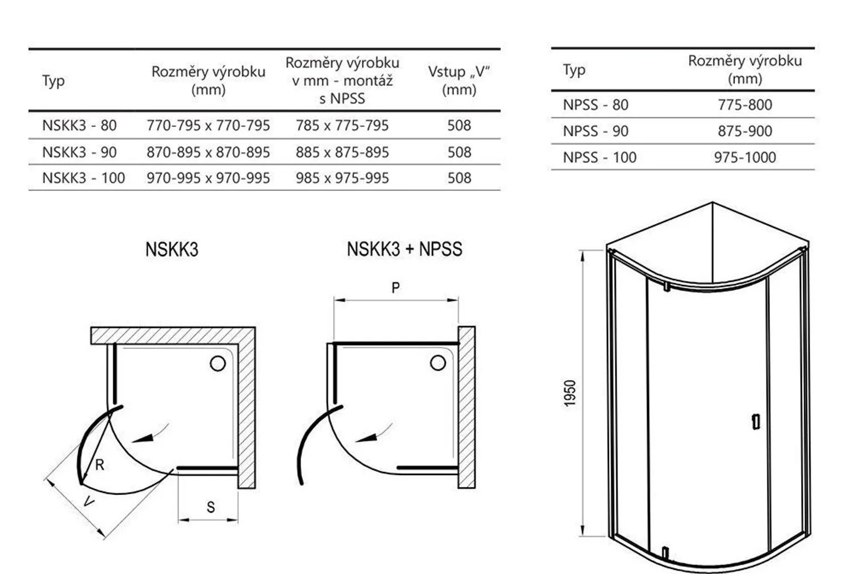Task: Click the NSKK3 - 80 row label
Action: [x=80, y=125]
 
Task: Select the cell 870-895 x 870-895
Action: [x=208, y=152]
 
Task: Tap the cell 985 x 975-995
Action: [x=342, y=178]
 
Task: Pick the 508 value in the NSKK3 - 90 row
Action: [x=459, y=152]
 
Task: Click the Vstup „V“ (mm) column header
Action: [x=459, y=81]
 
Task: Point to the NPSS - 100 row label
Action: [x=599, y=157]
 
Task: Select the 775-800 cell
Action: [x=744, y=105]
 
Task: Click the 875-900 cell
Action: [x=744, y=131]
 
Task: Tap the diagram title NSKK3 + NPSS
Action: [x=405, y=249]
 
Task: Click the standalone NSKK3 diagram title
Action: [x=172, y=249]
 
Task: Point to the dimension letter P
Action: [x=395, y=288]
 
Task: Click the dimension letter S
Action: [x=211, y=508]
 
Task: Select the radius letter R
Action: [x=99, y=465]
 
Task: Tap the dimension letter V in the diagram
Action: [x=89, y=501]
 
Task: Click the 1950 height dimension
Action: [x=569, y=393]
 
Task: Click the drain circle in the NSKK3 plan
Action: [x=218, y=364]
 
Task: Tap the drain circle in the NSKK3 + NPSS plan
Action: [x=438, y=363]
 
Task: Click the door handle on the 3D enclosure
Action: [x=756, y=422]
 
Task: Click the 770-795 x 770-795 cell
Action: [x=208, y=125]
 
